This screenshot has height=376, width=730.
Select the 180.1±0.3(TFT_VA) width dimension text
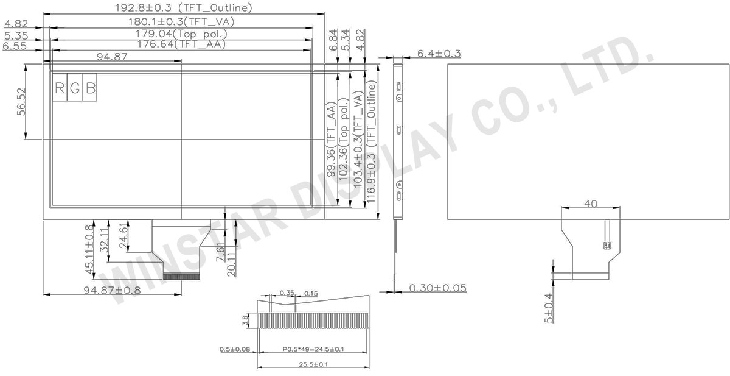(x=181, y=21)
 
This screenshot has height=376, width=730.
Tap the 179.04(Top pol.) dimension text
(x=181, y=34)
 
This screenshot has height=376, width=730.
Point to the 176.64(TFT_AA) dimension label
(x=181, y=44)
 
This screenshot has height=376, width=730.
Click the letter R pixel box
(x=60, y=88)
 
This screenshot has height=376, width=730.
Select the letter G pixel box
(x=75, y=88)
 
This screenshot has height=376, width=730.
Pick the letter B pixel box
(x=89, y=88)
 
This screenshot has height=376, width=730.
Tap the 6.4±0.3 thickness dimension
(x=439, y=54)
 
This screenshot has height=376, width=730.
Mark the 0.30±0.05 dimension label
(x=438, y=288)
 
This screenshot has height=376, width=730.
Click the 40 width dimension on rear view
(x=590, y=204)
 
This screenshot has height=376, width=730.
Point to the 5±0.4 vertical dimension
(x=549, y=308)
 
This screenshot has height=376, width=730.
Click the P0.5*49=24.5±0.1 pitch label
(x=313, y=349)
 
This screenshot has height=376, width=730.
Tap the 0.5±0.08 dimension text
(x=235, y=349)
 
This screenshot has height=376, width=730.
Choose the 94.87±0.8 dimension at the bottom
(x=112, y=290)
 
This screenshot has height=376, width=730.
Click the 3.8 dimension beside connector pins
(x=246, y=319)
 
